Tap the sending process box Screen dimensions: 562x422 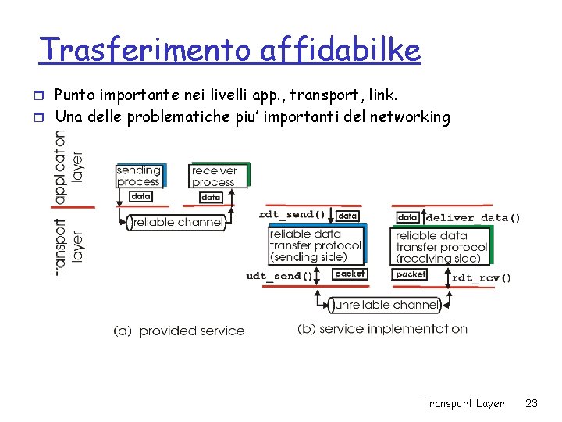tap(139, 176)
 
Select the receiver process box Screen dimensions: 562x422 tap(215, 176)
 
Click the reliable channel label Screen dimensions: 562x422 tap(178, 223)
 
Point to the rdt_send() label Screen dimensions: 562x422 tap(292, 214)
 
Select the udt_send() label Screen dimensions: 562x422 tap(279, 275)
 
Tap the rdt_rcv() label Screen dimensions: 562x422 tap(482, 277)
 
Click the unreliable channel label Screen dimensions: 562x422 tap(385, 304)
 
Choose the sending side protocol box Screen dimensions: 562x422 tap(316, 246)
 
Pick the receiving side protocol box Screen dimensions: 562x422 tap(441, 247)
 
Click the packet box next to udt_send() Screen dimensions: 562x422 tap(349, 274)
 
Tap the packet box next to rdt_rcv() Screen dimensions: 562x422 tap(411, 274)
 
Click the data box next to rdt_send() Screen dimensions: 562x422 tap(348, 215)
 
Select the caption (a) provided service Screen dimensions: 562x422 tap(180, 331)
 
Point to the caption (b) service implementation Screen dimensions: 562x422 tap(382, 329)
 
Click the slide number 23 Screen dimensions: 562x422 tap(532, 403)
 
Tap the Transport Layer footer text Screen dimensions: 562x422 tap(463, 403)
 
